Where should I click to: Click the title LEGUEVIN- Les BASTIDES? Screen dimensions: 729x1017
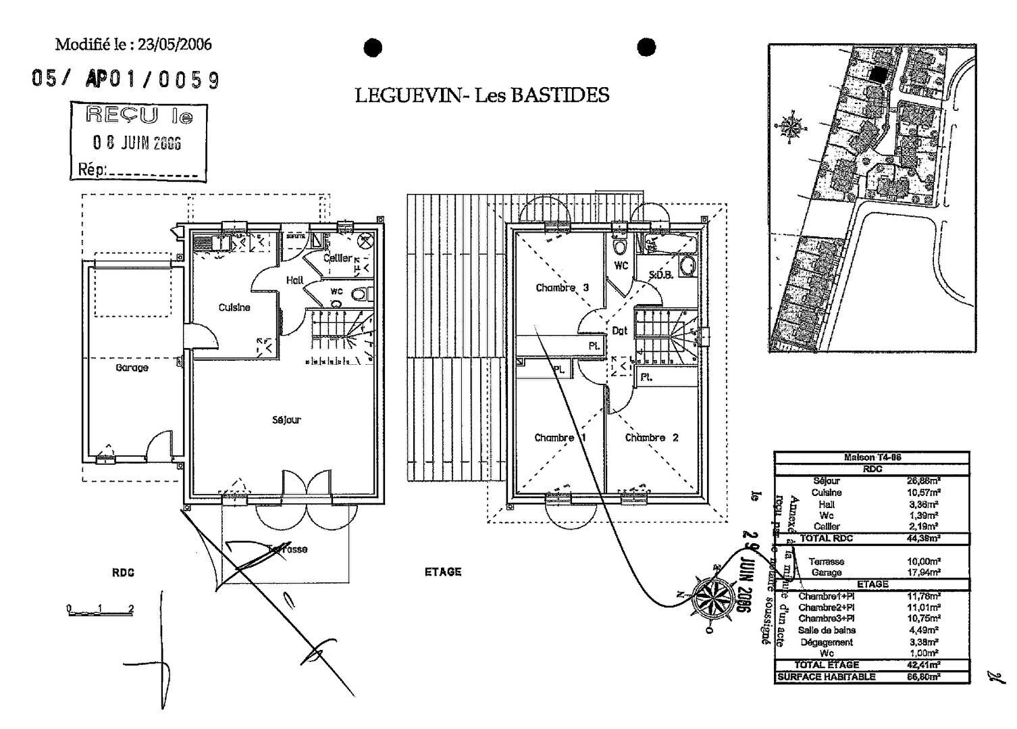click(482, 95)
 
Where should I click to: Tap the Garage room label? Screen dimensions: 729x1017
click(132, 368)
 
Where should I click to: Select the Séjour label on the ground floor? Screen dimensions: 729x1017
click(286, 420)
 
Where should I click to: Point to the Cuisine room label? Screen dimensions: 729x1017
click(234, 307)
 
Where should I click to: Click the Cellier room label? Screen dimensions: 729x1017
click(337, 258)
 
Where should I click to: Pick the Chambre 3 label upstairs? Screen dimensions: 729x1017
click(562, 288)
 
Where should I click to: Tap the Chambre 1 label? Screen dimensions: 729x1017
click(560, 438)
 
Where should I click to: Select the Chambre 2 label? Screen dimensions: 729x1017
click(652, 438)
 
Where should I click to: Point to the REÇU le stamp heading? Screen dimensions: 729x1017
click(140, 116)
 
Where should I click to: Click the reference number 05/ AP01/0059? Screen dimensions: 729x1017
click(126, 80)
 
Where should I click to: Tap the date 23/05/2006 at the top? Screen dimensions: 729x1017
click(175, 45)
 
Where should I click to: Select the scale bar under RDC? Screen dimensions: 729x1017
click(100, 611)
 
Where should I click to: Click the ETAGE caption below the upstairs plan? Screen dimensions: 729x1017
click(443, 572)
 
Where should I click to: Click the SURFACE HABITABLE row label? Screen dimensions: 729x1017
click(827, 677)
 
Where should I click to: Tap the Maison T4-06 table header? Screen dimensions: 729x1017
click(872, 457)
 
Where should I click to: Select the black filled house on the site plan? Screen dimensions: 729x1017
click(877, 76)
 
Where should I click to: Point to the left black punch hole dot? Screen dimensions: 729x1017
click(373, 47)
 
